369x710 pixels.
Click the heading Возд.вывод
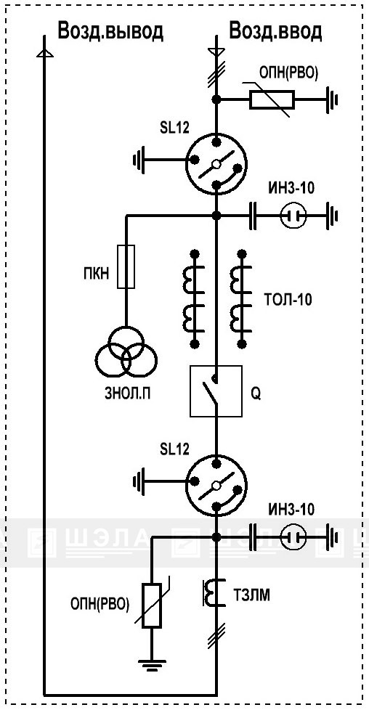[110, 31]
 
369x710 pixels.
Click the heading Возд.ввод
[275, 31]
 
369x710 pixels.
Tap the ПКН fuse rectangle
[126, 266]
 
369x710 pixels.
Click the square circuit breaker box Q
[216, 391]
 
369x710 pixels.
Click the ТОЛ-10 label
[288, 300]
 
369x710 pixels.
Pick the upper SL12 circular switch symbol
[216, 163]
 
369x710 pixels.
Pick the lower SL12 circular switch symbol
[216, 486]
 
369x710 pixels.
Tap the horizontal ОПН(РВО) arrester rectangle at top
[272, 99]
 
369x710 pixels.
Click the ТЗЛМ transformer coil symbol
[213, 592]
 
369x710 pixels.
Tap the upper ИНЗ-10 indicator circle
[293, 216]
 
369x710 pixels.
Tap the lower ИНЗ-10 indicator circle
[293, 537]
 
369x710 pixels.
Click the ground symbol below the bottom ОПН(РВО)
[152, 665]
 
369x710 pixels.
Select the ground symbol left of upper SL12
[139, 160]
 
